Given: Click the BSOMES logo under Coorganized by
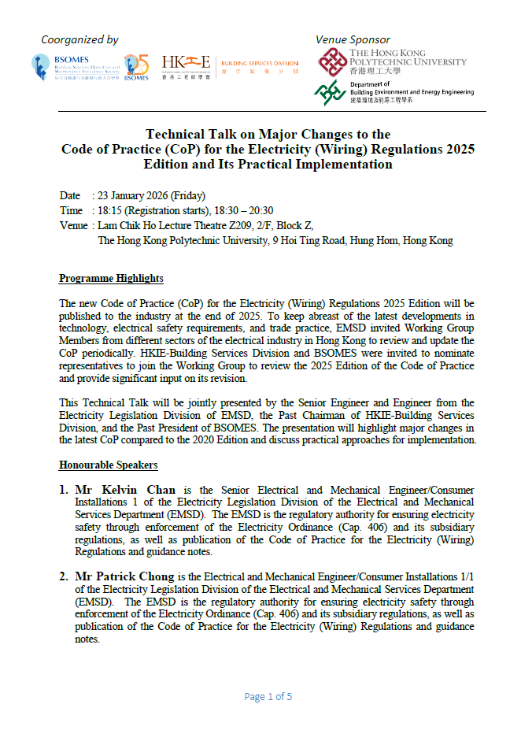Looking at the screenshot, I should [75, 67].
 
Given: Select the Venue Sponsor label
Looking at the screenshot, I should [353, 39].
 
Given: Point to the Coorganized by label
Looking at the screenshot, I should [79, 39].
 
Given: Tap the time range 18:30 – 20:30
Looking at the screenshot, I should [246, 210].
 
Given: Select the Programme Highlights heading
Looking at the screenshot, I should [111, 279].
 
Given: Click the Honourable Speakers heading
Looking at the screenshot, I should [108, 465].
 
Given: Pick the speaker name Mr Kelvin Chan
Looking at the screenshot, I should [125, 490].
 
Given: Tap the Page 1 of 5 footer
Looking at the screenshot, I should [268, 696].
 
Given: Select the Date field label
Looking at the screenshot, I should [70, 195].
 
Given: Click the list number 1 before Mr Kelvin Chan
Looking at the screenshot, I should [64, 490].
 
